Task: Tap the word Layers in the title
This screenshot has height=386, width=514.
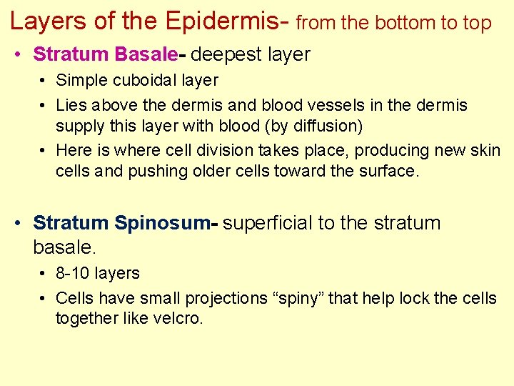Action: coord(46,21)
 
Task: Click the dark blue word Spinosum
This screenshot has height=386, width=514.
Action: coord(163,223)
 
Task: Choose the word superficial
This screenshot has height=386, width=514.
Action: coord(268,223)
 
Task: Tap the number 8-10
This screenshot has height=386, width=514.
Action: coord(74,273)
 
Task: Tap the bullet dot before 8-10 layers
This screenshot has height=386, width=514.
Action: coord(43,274)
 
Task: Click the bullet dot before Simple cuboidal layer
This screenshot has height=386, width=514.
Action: coord(43,81)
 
